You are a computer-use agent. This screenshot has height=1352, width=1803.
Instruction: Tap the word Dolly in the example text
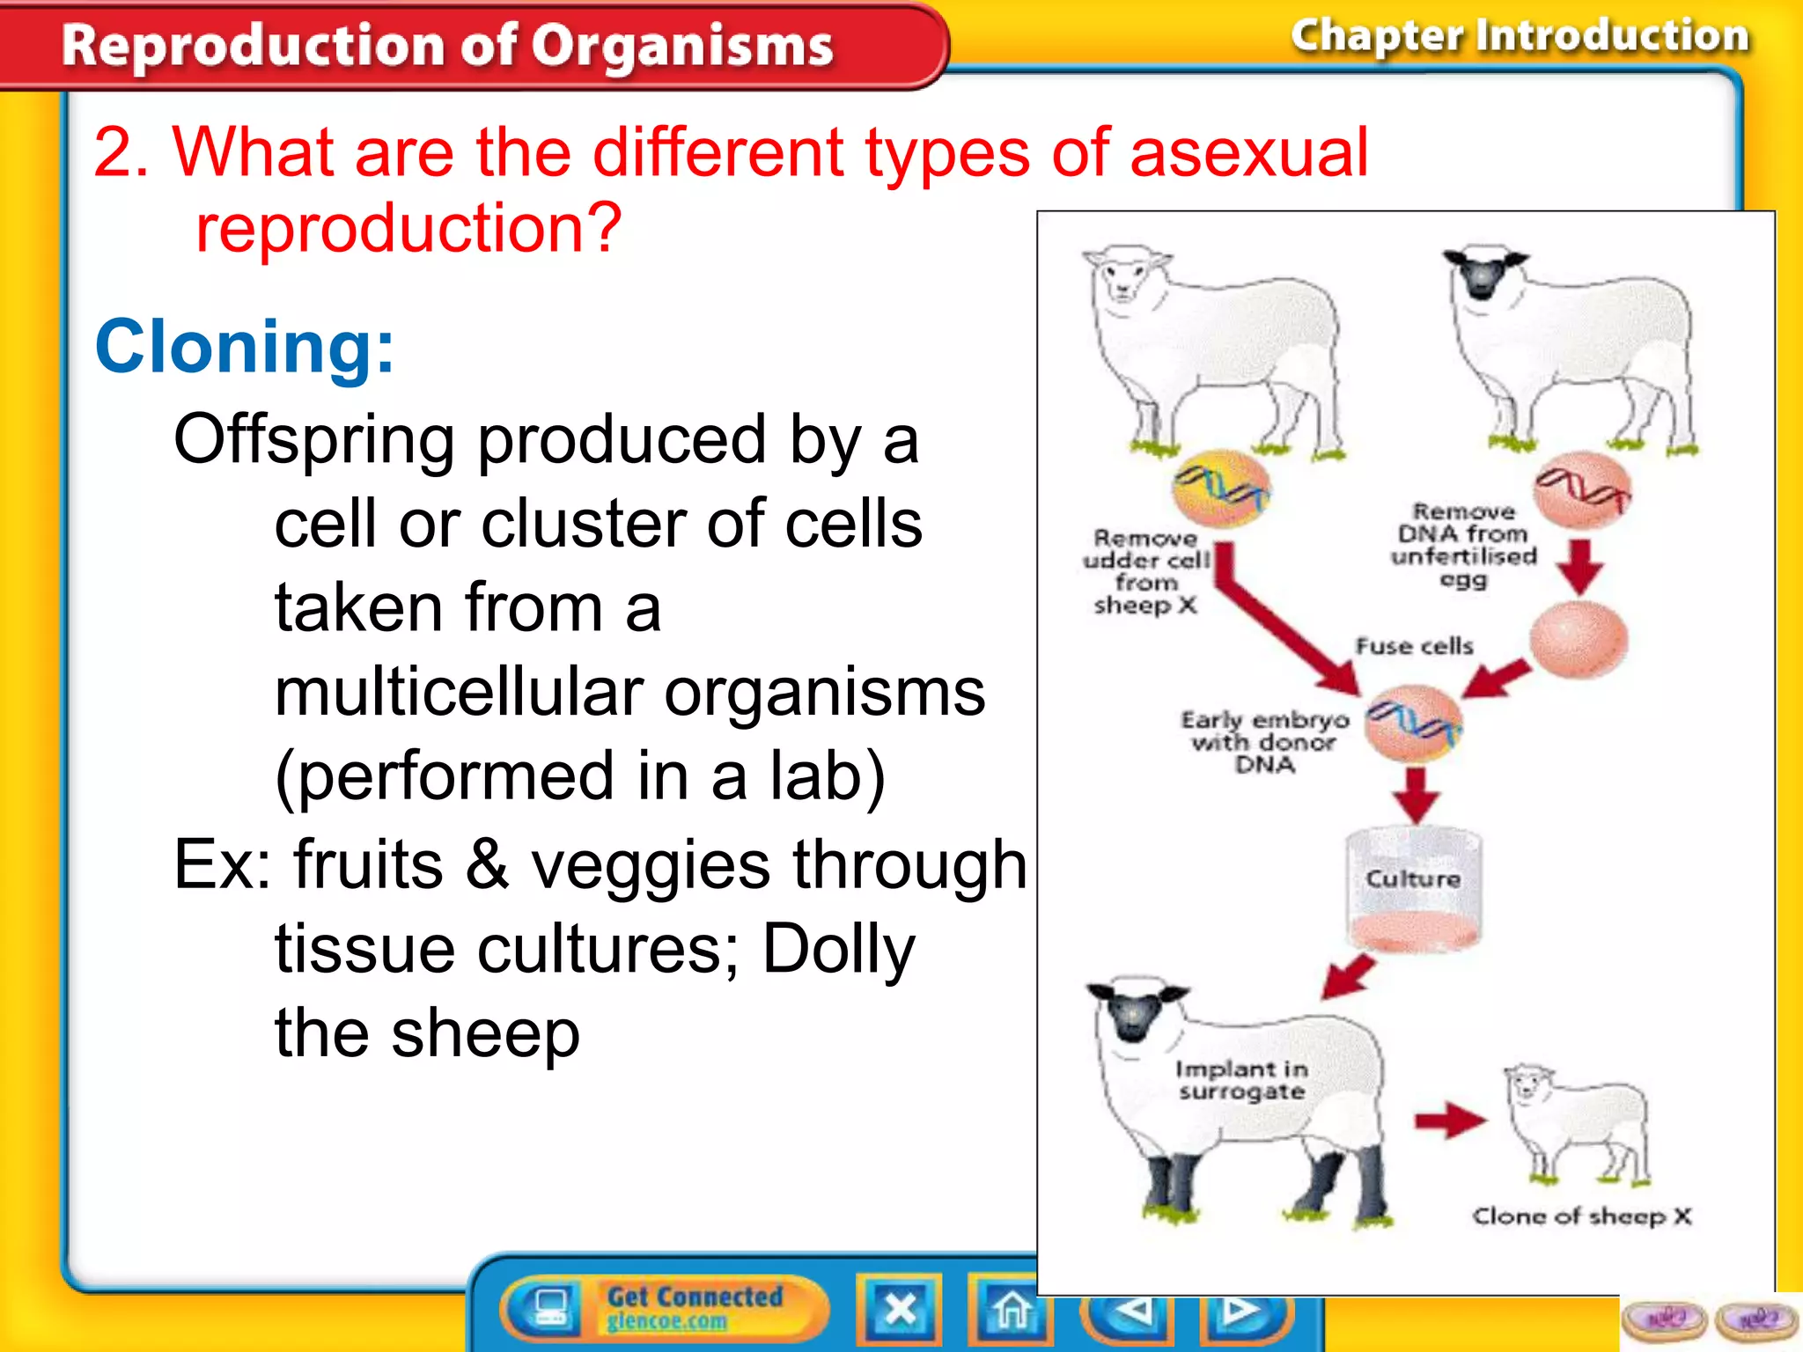click(x=838, y=950)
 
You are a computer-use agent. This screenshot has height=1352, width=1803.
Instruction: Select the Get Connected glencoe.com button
click(x=666, y=1308)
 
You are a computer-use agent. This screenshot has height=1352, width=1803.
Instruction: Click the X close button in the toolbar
click(x=899, y=1310)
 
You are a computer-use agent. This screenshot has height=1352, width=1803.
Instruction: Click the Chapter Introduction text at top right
click(x=1520, y=37)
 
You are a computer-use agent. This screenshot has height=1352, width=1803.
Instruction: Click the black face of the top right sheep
click(x=1483, y=275)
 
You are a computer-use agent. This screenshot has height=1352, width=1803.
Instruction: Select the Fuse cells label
click(x=1414, y=646)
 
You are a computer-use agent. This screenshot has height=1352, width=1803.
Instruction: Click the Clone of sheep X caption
click(x=1581, y=1216)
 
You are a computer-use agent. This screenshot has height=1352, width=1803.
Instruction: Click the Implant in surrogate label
click(x=1241, y=1080)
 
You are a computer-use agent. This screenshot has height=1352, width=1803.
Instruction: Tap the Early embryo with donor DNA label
click(x=1264, y=742)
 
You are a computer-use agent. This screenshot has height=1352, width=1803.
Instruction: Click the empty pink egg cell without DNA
click(x=1578, y=640)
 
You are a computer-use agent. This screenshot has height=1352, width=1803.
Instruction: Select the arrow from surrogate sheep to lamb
click(x=1449, y=1121)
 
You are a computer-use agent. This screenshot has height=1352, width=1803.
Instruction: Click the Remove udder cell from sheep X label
click(x=1145, y=571)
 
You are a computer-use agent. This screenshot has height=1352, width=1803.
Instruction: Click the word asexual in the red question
click(x=1248, y=153)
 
